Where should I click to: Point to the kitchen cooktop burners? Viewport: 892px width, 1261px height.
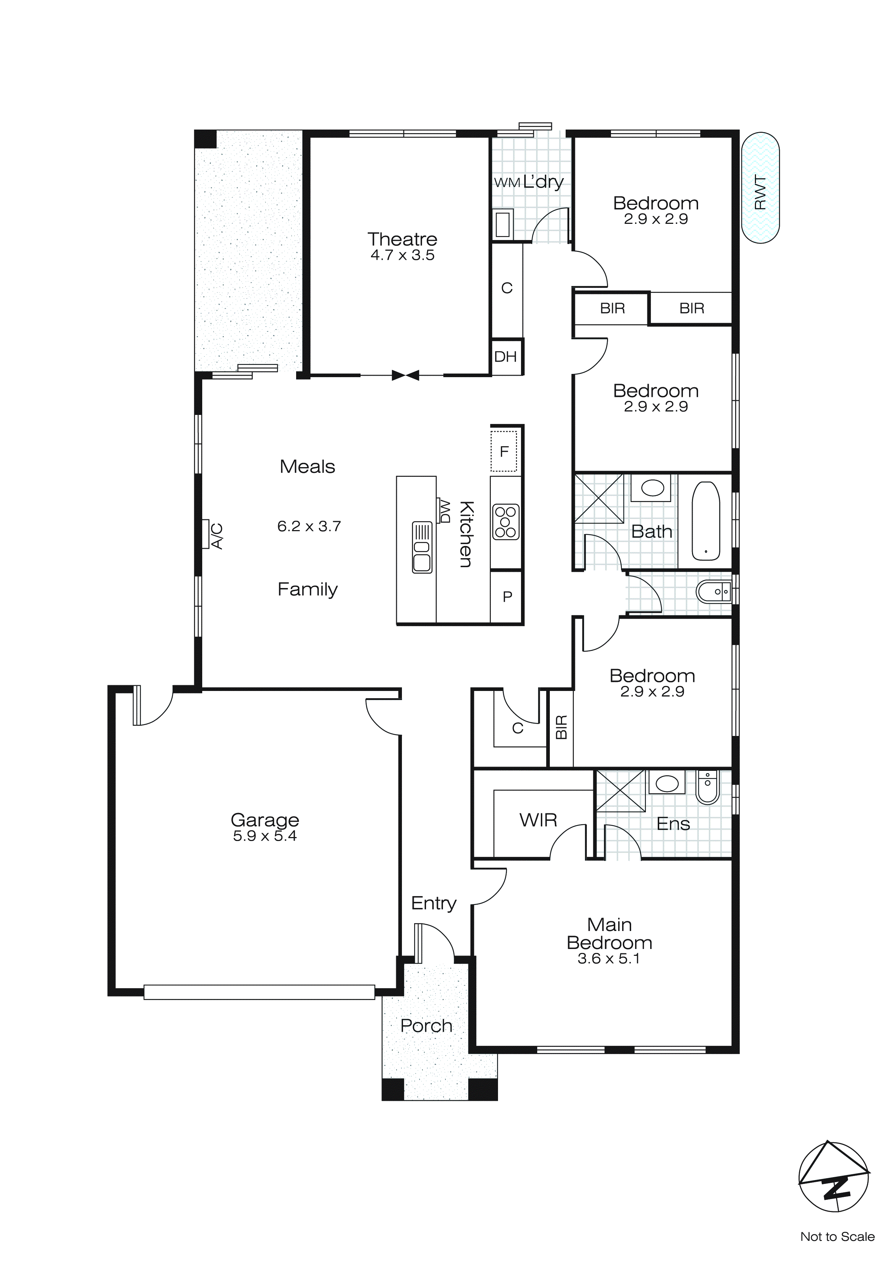coord(505,522)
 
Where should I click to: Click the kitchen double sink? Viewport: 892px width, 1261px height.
coord(422,547)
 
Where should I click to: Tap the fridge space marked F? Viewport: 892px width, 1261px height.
coord(504,451)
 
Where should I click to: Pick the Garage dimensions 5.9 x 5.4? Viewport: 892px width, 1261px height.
coord(265,836)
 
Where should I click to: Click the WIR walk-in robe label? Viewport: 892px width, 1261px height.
coord(538,820)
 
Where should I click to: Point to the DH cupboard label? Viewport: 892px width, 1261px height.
coord(505,357)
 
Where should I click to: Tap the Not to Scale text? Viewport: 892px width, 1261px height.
coord(837,1236)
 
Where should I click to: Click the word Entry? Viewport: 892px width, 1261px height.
coord(433,903)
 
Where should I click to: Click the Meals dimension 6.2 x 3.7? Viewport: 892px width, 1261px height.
coord(309,526)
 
